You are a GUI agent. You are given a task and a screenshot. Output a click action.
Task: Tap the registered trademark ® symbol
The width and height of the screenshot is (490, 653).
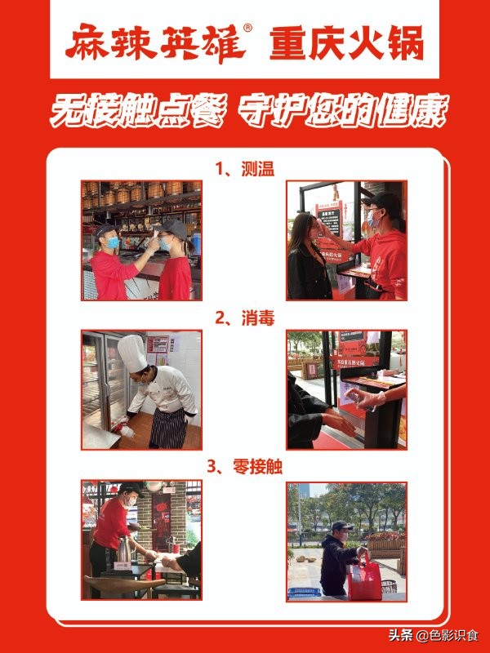[260, 29]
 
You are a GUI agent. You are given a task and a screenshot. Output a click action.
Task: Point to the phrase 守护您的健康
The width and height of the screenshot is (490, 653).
[343, 111]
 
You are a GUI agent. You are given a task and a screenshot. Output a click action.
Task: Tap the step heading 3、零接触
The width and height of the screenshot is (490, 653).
[244, 467]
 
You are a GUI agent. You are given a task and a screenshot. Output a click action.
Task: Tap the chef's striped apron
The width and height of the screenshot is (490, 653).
[167, 426]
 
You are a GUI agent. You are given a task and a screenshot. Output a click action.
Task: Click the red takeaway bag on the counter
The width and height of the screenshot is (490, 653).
[364, 578]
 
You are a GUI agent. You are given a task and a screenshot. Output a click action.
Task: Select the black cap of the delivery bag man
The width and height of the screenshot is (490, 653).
[340, 526]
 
